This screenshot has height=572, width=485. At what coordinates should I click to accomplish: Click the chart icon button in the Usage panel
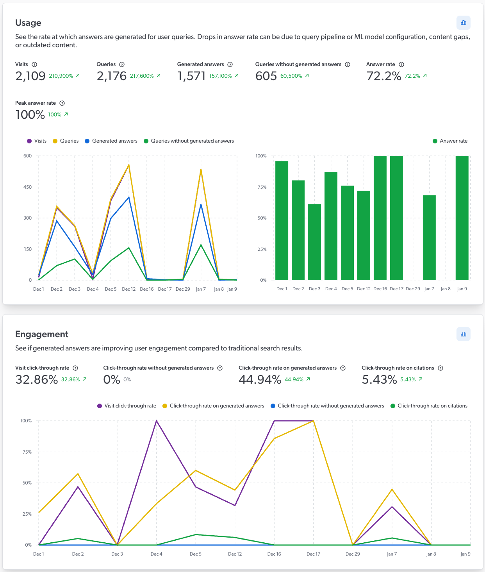[463, 23]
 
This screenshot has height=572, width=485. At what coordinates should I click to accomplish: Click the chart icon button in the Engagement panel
[463, 334]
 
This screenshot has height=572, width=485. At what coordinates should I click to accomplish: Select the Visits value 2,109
[30, 76]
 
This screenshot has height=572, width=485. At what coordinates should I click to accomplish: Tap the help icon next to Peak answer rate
[62, 103]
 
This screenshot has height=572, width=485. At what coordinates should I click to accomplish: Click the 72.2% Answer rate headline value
[383, 76]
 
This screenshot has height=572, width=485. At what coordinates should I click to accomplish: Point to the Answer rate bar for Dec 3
[314, 242]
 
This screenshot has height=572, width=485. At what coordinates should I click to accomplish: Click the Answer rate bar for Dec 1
[282, 221]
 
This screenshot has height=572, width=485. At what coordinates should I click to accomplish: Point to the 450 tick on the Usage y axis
[27, 187]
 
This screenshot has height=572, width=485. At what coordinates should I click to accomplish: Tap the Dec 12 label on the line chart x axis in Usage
[128, 289]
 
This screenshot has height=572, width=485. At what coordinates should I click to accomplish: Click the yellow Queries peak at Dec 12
[129, 165]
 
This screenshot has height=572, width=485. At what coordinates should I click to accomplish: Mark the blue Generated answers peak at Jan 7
[201, 205]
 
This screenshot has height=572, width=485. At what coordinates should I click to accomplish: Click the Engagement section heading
[42, 334]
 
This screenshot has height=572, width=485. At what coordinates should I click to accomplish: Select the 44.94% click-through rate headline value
[260, 379]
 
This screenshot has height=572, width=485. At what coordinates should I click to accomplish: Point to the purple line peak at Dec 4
[156, 421]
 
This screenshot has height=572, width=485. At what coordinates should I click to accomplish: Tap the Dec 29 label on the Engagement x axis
[353, 554]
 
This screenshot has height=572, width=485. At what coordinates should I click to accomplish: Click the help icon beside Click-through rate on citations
[440, 368]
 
